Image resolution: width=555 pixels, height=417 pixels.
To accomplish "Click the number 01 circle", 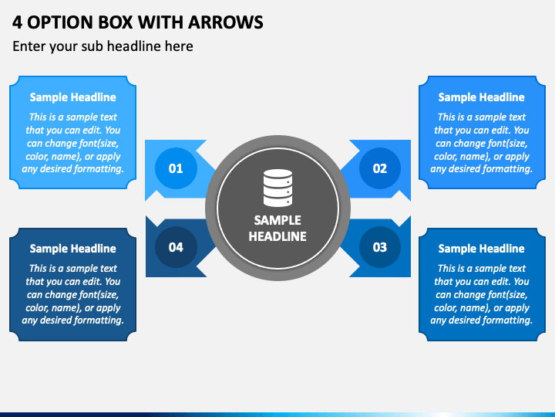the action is pos(176,168).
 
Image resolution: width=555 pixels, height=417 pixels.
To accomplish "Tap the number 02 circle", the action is pos(380,168).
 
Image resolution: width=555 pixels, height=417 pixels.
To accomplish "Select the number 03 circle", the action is pos(380,247).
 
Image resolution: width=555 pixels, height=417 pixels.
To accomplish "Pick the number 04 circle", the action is pos(176,247).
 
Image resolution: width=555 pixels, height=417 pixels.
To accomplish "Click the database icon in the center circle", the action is pos(277,188).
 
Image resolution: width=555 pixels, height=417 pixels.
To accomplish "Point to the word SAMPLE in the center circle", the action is pos(277,220).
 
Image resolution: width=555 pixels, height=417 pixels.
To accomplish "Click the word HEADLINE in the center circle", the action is pos(277,236).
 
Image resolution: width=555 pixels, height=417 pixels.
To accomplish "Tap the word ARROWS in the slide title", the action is pos(225,22).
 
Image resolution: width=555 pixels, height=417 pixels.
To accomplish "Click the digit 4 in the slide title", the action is pos(17,22).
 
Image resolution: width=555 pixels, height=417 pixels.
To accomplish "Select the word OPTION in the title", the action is pos(60,22).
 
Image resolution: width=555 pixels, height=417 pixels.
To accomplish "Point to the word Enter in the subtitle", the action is pos(29,46).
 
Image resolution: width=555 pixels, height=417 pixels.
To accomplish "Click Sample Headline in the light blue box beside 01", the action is pos(73,97).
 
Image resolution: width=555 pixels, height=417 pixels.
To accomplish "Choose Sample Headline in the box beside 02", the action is pos(481,97).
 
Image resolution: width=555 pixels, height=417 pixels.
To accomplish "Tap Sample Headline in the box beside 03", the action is pos(481,249).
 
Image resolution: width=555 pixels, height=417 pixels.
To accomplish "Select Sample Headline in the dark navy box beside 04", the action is pos(73,249).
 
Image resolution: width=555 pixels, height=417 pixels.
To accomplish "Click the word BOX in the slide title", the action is pos(115,22).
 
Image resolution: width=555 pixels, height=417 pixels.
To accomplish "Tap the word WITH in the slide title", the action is pos(160,22).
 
